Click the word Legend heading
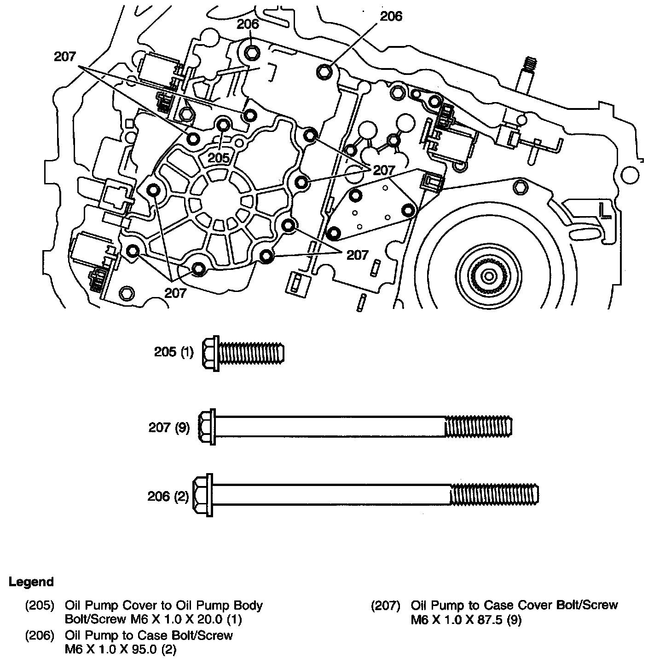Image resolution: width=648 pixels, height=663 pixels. tap(31, 582)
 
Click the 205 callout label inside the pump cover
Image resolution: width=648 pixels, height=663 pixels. tap(218, 158)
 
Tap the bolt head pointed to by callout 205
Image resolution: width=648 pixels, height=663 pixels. tap(224, 124)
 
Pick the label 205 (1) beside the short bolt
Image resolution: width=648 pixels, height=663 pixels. tap(174, 353)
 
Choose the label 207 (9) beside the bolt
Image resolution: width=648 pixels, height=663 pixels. tap(169, 428)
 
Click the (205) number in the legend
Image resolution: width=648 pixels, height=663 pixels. tap(39, 605)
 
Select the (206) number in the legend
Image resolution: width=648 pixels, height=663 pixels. tap(39, 635)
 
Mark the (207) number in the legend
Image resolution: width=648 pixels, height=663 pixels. tap(385, 605)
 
